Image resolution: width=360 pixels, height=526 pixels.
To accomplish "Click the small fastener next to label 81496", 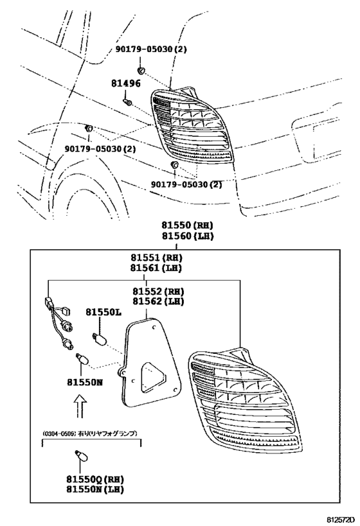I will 127,101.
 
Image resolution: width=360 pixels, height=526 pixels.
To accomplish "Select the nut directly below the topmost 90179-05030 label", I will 140,68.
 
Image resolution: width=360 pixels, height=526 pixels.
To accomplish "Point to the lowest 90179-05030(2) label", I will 186,184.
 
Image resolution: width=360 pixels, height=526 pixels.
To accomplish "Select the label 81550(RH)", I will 186,225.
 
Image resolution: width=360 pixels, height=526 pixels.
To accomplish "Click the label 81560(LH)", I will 186,236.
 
